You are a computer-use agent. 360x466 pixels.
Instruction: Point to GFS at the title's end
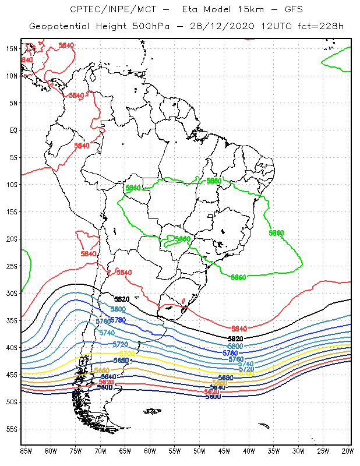click(283, 10)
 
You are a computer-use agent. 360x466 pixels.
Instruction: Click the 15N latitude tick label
click(11, 48)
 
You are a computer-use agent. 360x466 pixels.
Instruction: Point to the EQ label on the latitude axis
click(13, 130)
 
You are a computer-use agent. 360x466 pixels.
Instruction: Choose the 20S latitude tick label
click(11, 239)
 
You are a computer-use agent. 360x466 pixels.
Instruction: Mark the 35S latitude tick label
click(11, 320)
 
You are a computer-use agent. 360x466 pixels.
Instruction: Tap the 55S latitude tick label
click(11, 429)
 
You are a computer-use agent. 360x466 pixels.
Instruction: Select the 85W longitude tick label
click(26, 451)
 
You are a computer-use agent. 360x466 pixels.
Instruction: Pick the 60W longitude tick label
click(150, 451)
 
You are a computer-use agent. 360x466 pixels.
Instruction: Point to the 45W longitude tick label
click(224, 451)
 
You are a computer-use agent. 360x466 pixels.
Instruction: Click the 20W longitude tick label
click(347, 451)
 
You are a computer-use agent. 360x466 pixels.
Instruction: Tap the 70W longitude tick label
click(100, 451)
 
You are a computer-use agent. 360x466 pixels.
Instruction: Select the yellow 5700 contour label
click(126, 354)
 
